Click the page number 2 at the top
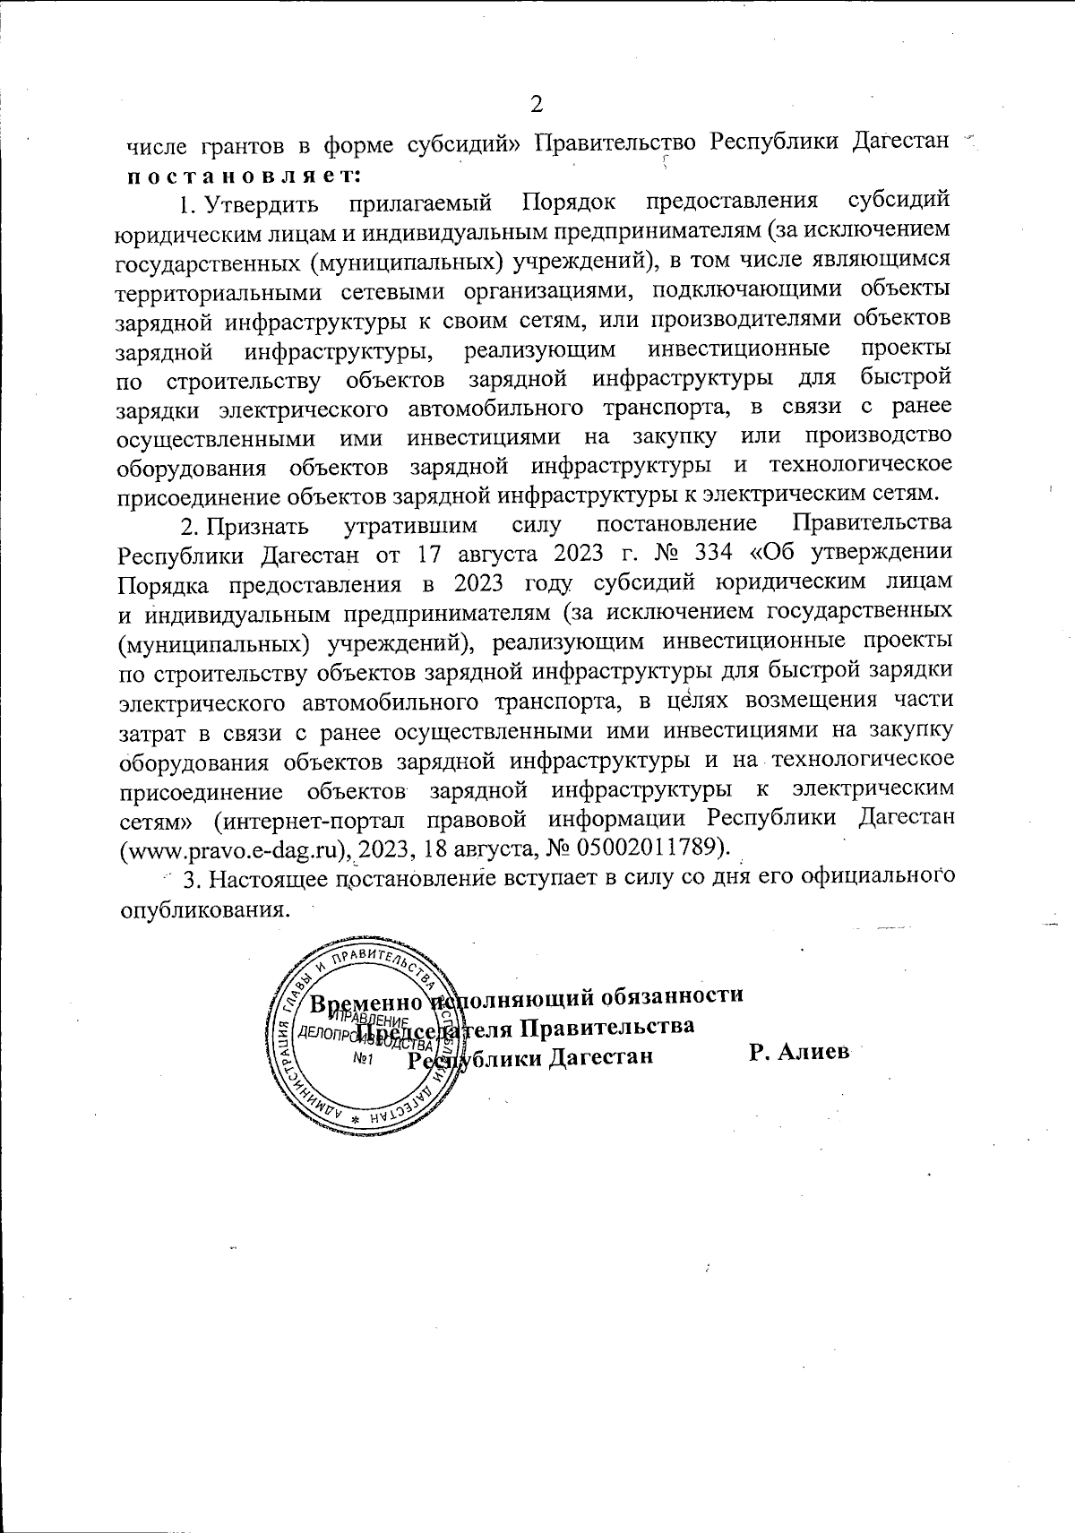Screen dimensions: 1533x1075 click(537, 105)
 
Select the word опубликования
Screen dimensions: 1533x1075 click(205, 907)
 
